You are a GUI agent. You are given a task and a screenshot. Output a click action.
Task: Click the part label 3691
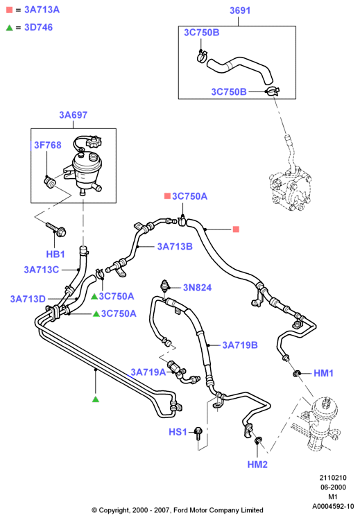[x=240, y=10]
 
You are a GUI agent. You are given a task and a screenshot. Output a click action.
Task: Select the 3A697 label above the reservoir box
[x=73, y=115]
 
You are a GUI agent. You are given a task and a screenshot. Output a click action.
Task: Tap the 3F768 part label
[x=48, y=146]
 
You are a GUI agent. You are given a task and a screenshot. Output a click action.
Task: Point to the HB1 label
[x=55, y=254]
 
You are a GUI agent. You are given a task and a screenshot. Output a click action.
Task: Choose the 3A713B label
[x=175, y=247]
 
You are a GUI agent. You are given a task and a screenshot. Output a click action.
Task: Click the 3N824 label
[x=198, y=288]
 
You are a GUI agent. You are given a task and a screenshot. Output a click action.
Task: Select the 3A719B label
[x=240, y=345]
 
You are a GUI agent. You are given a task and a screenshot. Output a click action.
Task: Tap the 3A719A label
[x=148, y=372]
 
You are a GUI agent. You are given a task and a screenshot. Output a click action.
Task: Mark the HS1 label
[x=178, y=432]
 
